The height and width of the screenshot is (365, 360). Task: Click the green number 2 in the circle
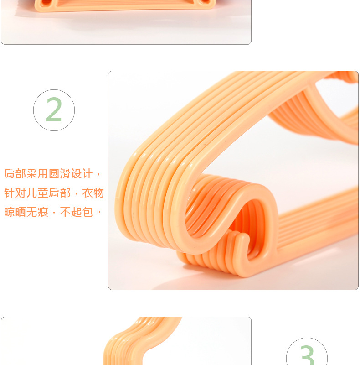(54, 110)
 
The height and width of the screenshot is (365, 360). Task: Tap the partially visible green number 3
(307, 355)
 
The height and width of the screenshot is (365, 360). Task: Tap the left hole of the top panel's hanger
(46, 2)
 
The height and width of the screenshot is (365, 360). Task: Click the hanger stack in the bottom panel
(141, 342)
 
